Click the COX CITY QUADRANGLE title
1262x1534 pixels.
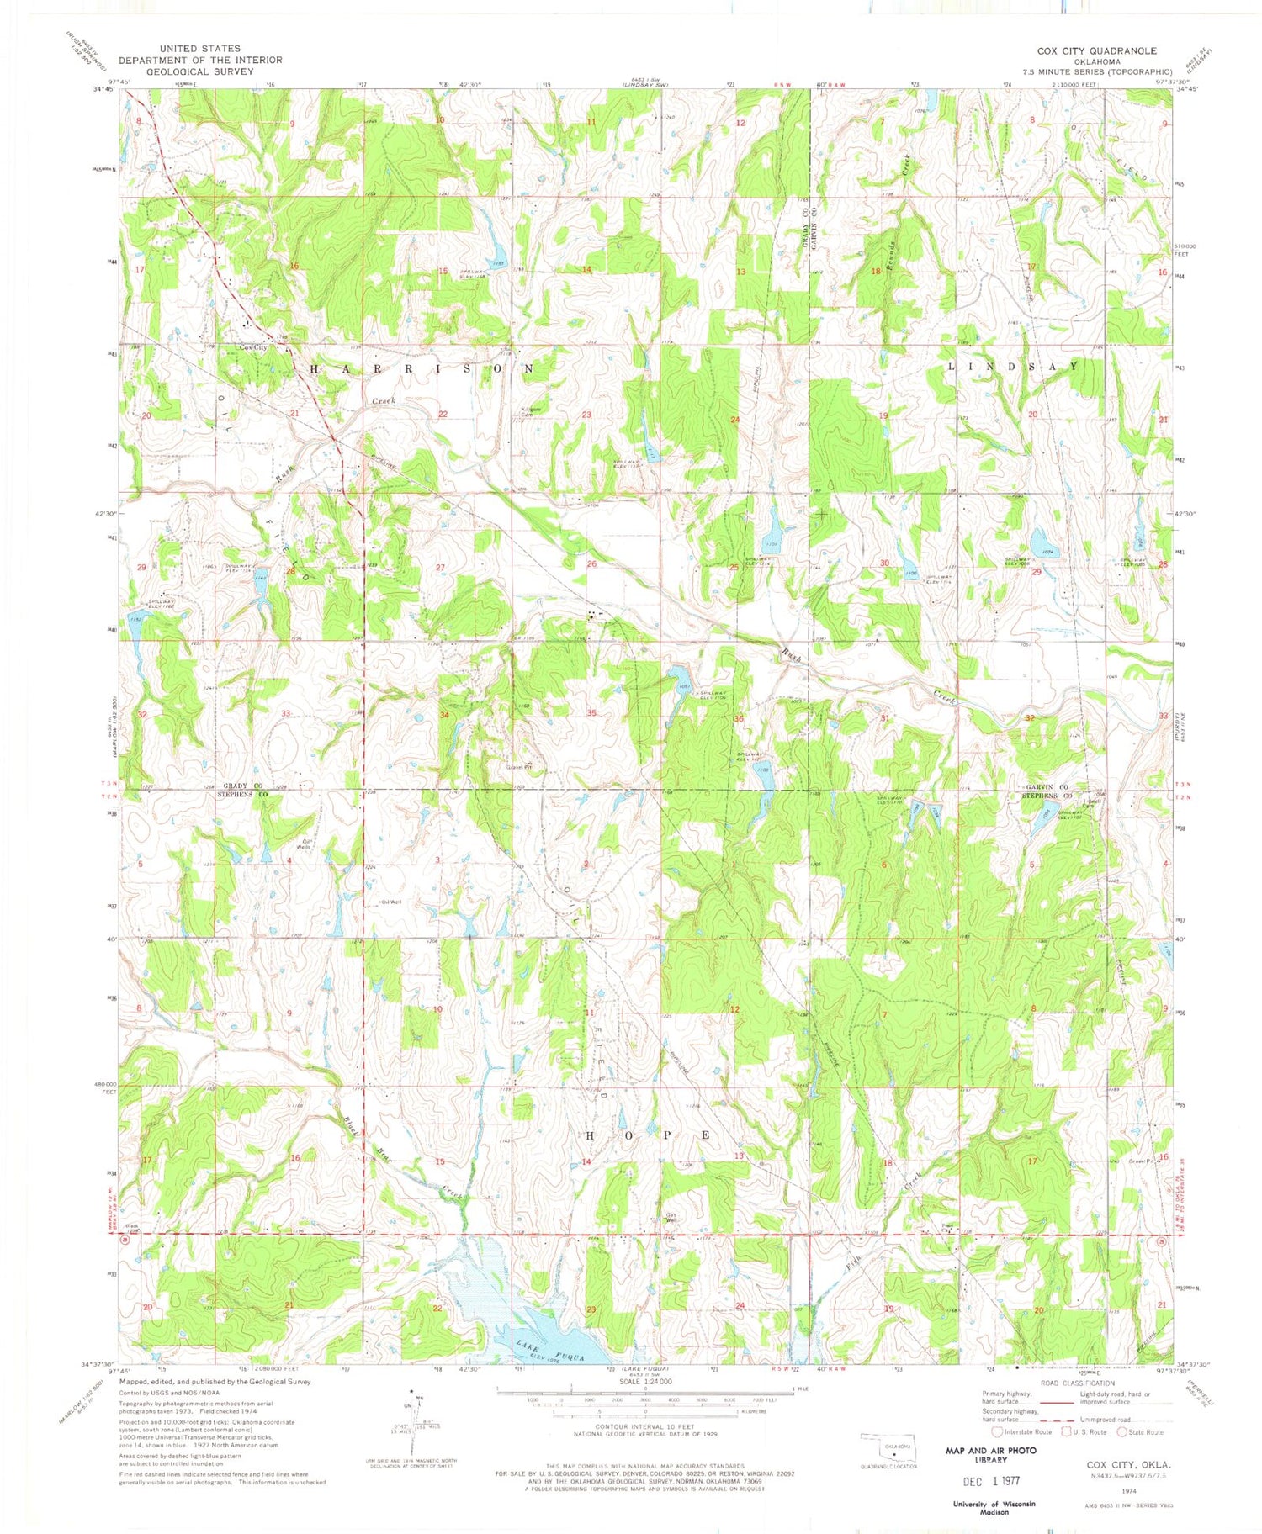tap(1096, 51)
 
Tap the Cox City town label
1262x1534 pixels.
tap(253, 347)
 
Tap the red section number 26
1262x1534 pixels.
tap(591, 564)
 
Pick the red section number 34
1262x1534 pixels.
tap(443, 715)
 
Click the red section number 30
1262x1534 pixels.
tap(884, 563)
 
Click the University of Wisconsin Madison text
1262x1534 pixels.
tap(994, 1507)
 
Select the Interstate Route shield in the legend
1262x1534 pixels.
tap(998, 1432)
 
